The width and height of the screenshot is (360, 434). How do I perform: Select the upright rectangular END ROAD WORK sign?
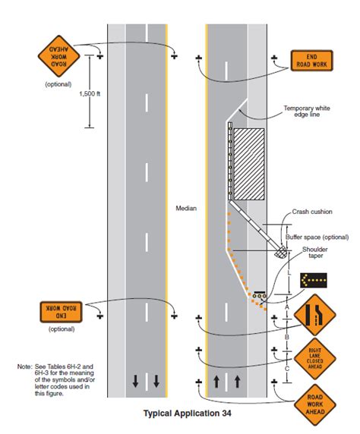(312, 61)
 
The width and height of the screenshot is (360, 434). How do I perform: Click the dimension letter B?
(286, 334)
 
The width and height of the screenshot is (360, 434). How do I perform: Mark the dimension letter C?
(286, 368)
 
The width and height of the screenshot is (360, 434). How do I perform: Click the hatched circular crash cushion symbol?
(282, 253)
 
